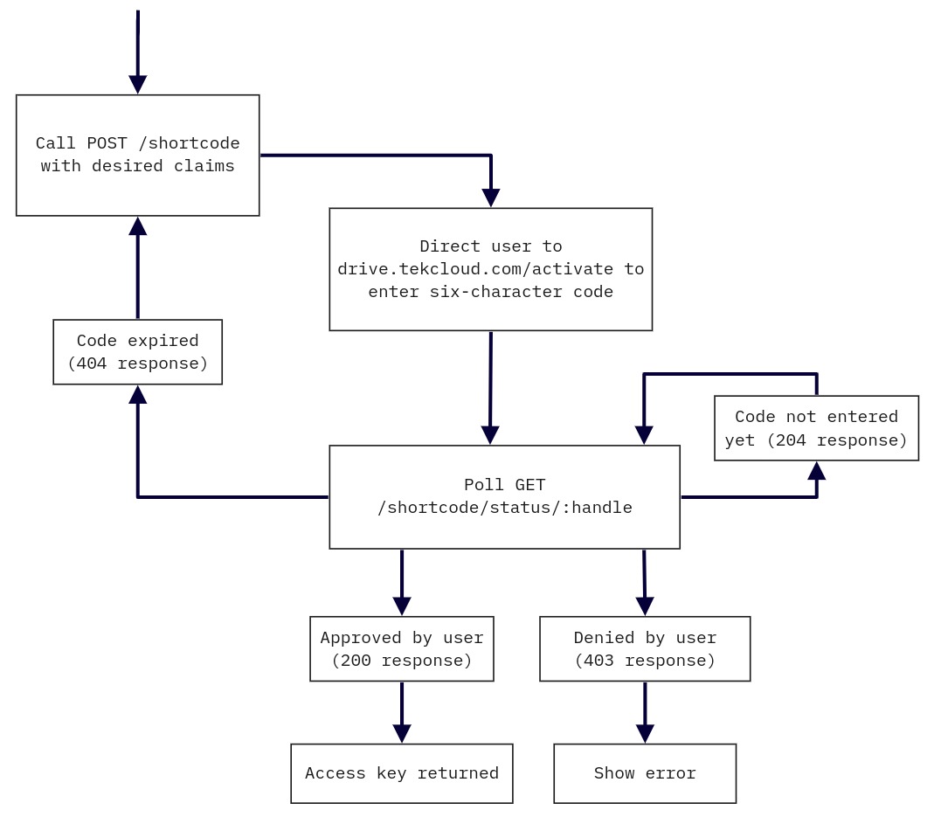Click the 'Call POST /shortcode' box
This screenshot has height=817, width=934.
137,155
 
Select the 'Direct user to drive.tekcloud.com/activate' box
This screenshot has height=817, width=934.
490,269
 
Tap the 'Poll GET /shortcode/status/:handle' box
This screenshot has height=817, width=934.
504,496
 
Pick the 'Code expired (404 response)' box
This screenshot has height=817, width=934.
137,351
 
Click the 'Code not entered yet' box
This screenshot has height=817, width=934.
816,428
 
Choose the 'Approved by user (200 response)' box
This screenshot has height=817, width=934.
402,648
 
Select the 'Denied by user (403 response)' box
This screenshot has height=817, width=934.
645,648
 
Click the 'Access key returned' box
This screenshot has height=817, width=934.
402,773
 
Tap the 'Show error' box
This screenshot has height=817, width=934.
645,773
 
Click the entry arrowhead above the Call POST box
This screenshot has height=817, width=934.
137,84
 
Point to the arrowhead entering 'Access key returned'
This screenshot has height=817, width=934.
402,733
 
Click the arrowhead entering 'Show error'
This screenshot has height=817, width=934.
645,733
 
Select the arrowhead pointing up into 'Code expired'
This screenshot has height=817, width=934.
137,395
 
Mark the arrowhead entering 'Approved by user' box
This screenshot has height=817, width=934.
402,606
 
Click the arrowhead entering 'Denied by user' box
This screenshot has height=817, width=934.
645,606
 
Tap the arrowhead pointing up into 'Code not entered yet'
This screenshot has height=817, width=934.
816,471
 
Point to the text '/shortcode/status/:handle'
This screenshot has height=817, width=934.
504,508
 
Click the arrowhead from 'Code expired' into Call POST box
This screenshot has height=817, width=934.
137,226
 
